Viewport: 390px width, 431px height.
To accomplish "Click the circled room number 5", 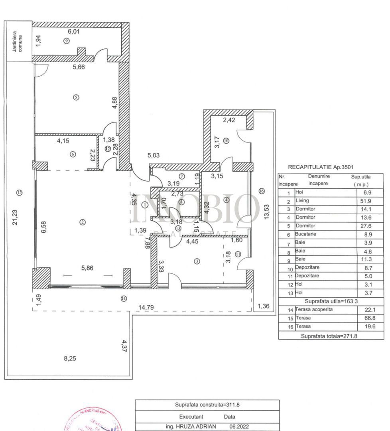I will point(76,97).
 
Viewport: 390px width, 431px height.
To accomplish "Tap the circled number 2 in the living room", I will point(83,222).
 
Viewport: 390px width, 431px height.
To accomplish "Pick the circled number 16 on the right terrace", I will point(261,191).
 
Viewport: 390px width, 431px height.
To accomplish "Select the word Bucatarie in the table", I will point(305,234).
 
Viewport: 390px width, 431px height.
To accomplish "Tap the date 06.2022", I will point(241,426).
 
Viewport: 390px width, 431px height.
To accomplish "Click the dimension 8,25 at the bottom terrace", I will point(70,358).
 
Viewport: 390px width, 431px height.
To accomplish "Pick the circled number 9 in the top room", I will point(66,40).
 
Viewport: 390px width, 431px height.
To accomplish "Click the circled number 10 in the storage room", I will point(226,140).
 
